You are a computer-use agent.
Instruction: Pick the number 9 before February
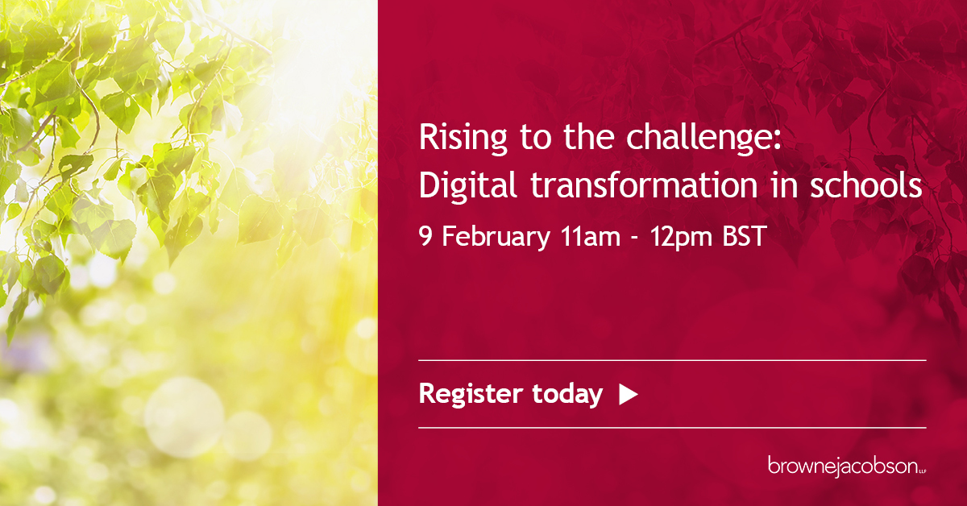point(425,238)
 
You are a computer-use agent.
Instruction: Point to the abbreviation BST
point(737,238)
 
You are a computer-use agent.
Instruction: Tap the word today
point(567,394)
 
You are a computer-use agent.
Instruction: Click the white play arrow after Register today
point(628,394)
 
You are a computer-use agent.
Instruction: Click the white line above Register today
point(672,360)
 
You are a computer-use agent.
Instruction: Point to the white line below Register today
point(672,427)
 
